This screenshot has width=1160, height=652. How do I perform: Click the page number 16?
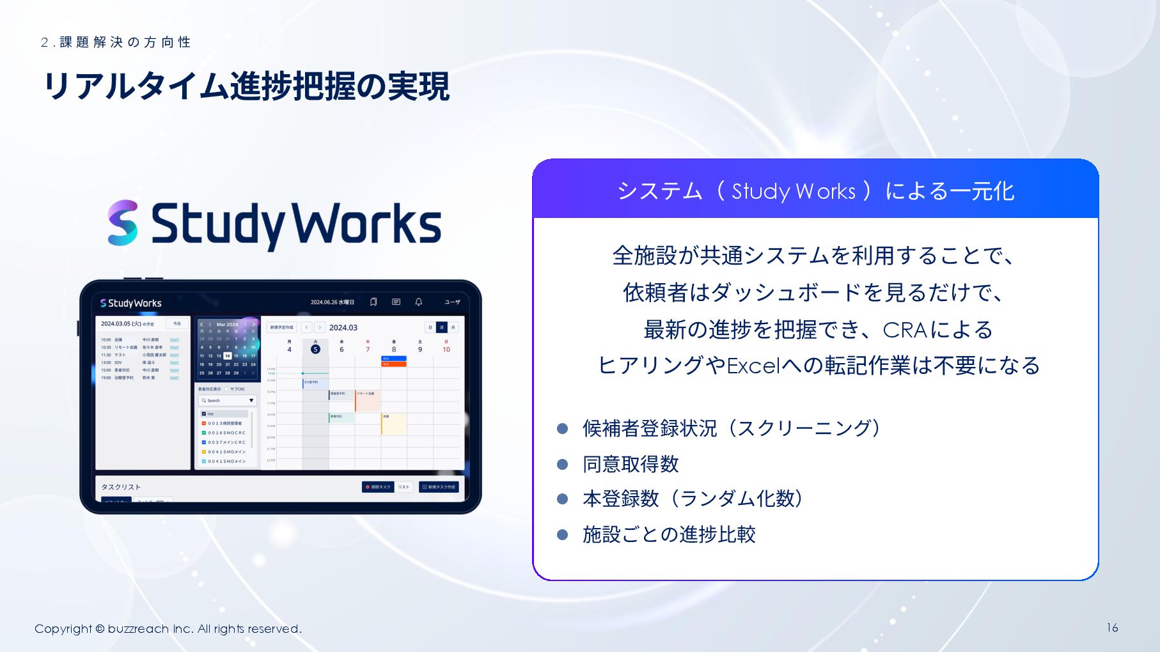[x=1112, y=628]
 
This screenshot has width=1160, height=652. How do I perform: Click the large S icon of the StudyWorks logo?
[x=123, y=223]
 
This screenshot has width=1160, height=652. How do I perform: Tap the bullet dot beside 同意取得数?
[x=563, y=464]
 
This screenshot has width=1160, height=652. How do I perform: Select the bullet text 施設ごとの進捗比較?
[x=669, y=534]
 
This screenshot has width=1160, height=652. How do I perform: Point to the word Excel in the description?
[x=753, y=366]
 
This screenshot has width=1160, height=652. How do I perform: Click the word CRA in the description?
[x=905, y=330]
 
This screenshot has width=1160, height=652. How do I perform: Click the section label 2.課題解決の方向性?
[x=116, y=42]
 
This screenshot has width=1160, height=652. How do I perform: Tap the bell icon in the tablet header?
[x=419, y=302]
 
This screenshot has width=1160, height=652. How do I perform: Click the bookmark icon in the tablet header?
[x=373, y=302]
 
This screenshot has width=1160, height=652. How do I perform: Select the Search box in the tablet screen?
[x=228, y=400]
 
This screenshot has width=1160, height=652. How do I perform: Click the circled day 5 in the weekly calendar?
[x=315, y=349]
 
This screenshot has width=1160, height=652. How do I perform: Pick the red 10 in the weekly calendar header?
[x=446, y=349]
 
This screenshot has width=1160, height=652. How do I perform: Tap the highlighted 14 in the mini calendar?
[x=227, y=355]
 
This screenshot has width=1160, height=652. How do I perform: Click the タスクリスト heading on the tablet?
[x=121, y=487]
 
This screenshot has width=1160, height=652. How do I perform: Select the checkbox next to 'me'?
[x=204, y=414]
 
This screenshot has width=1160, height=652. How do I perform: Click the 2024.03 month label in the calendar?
[x=343, y=327]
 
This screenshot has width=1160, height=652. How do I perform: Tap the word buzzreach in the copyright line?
[x=138, y=629]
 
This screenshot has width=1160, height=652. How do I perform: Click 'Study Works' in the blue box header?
[x=794, y=191]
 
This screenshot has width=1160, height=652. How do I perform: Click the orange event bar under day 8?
[x=394, y=364]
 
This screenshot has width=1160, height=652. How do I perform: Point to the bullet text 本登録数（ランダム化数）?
[x=693, y=499]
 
